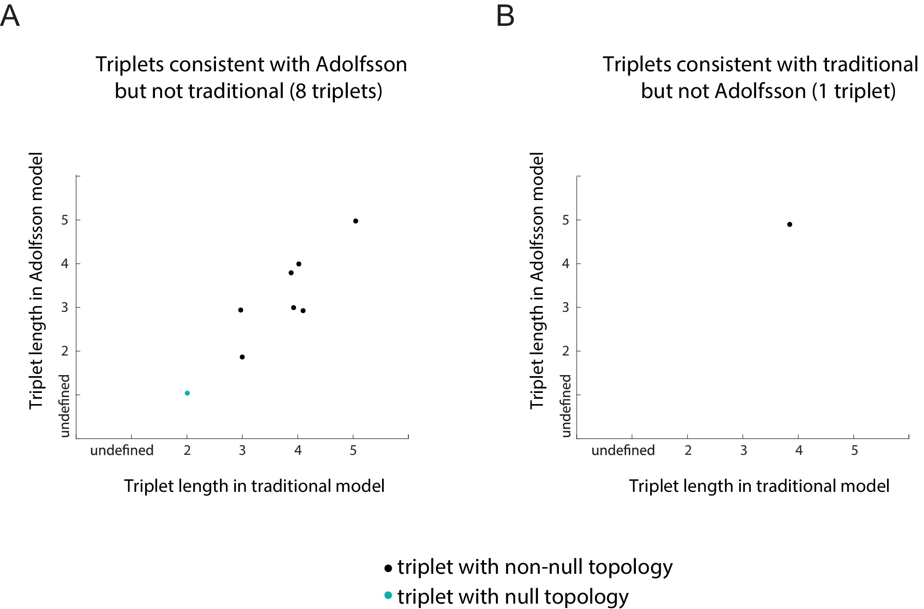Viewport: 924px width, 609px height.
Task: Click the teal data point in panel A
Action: [x=187, y=393]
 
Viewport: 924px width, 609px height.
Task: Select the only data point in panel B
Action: [x=790, y=225]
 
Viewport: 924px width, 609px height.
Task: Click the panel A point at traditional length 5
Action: [x=355, y=221]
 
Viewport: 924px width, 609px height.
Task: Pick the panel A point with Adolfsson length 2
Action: [x=242, y=357]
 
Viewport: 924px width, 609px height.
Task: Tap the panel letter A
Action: [x=10, y=16]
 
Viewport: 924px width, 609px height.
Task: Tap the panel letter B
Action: [x=505, y=16]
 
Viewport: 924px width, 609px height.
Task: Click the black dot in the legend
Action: [x=388, y=568]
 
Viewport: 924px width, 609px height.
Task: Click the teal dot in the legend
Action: [x=388, y=595]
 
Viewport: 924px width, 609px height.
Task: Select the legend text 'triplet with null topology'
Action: [x=513, y=597]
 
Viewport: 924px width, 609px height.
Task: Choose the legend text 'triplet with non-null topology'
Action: [x=535, y=567]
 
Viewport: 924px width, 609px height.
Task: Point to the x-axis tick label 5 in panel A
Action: [x=353, y=450]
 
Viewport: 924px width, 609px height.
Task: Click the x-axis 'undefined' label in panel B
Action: [x=623, y=450]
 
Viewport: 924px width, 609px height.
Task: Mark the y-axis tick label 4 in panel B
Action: [x=566, y=264]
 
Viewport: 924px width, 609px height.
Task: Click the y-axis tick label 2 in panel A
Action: [x=65, y=351]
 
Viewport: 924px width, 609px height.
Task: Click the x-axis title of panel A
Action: [x=254, y=486]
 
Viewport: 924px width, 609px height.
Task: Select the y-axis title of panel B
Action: [x=537, y=281]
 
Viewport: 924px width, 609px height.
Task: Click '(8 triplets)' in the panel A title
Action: [x=336, y=91]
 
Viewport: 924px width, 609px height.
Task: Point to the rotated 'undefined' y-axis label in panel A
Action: [x=65, y=405]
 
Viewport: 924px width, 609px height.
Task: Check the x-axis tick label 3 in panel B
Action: [x=743, y=450]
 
